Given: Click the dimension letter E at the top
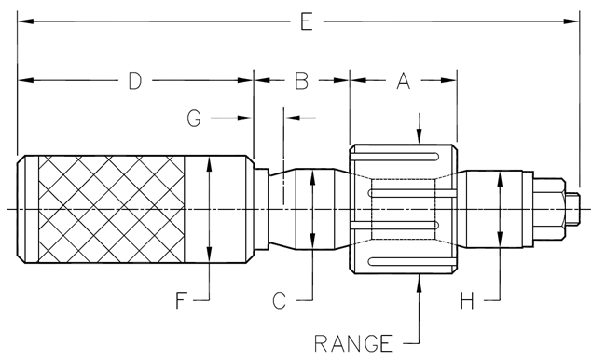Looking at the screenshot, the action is coord(307,21).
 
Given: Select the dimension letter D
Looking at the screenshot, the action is coord(135,81).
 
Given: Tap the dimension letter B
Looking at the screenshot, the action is coord(302,81).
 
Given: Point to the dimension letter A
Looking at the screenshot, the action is coord(403,81).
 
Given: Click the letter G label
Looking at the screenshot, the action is coord(194,118).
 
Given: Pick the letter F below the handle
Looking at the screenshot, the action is coord(181,300).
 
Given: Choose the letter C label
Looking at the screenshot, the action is coord(279,300).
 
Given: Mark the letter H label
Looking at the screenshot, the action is coord(467,300).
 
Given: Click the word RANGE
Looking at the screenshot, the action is coord(353,343).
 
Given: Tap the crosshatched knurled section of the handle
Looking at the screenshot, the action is coord(111,209).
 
